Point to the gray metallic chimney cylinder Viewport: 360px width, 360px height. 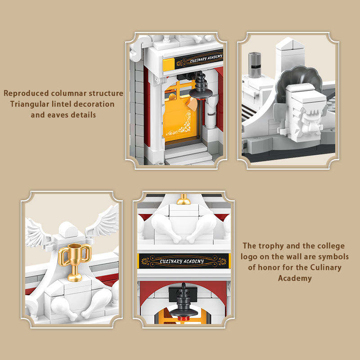255,65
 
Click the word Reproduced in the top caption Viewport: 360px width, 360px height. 26,94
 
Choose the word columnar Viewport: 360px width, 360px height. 69,94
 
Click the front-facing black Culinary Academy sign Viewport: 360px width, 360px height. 184,261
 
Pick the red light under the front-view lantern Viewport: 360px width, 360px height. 184,319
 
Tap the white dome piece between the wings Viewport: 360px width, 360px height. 68,229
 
